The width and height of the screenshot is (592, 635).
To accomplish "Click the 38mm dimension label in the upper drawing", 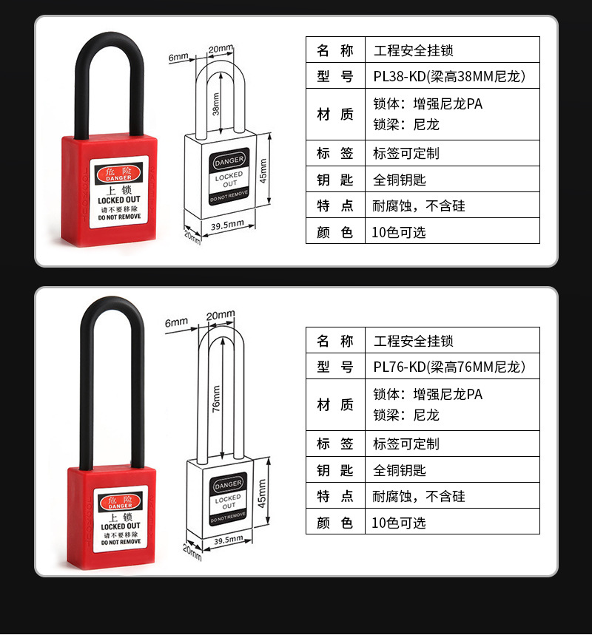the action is [216, 104].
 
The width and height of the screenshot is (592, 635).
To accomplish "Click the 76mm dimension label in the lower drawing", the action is [217, 398].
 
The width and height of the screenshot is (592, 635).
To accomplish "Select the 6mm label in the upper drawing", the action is [178, 57].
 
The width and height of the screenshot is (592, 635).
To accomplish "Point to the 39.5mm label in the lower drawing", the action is [229, 540].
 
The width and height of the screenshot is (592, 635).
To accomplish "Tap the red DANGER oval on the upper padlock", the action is [119, 174].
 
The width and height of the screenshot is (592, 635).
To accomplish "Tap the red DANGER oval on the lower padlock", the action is [120, 502].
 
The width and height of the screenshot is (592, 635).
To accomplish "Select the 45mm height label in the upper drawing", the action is [263, 171].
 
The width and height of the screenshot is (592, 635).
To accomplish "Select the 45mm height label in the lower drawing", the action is [263, 493].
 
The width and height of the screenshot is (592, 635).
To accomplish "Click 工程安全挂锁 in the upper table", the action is [413, 50].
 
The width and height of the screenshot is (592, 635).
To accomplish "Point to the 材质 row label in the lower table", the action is [335, 404].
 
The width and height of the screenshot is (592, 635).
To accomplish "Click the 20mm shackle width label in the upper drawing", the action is [221, 49].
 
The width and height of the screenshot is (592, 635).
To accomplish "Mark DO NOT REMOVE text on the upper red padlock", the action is [119, 217].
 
